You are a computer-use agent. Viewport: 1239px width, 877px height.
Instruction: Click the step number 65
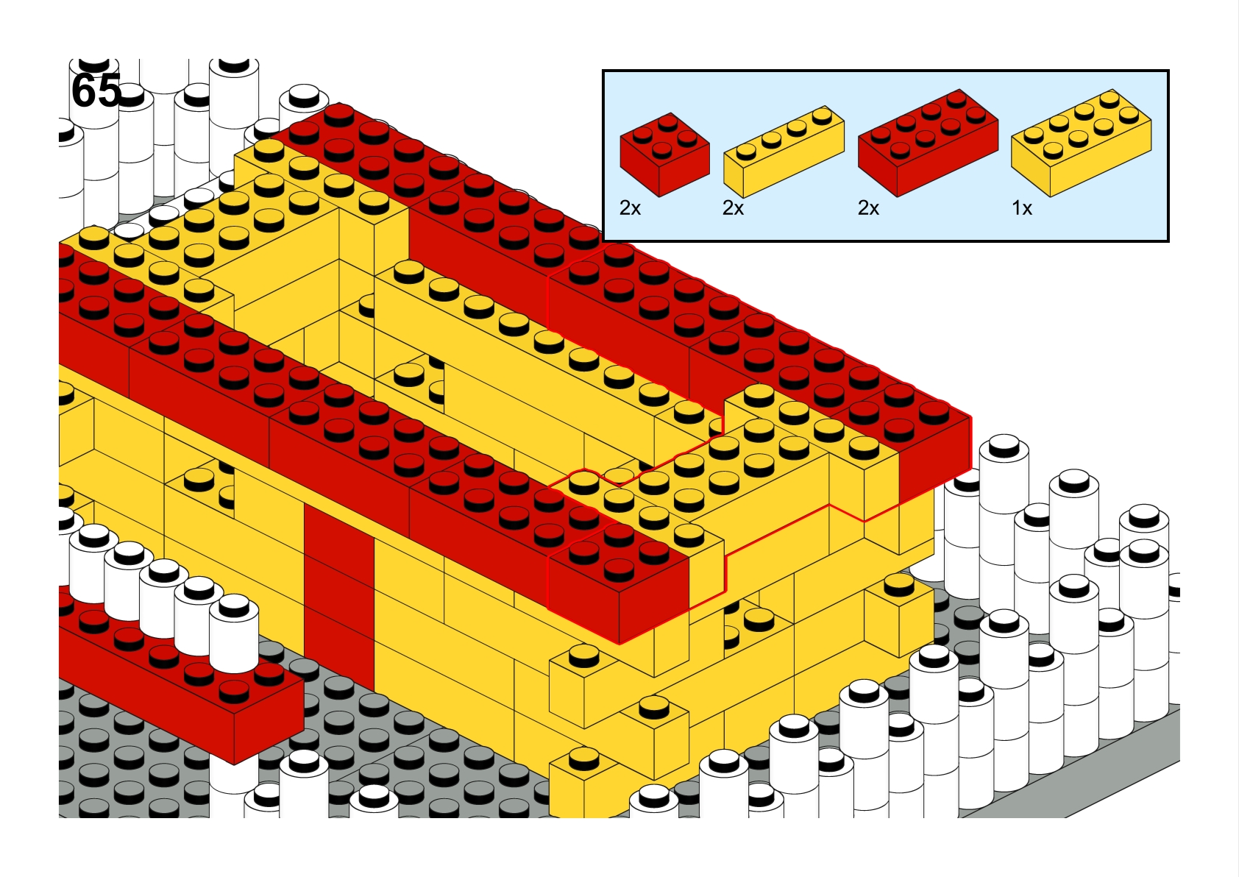pyautogui.click(x=96, y=90)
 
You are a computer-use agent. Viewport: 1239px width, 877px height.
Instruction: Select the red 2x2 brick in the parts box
pyautogui.click(x=664, y=155)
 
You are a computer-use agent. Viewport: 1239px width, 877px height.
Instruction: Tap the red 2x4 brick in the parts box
pyautogui.click(x=928, y=143)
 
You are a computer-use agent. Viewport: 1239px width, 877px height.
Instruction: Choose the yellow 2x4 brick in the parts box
pyautogui.click(x=1081, y=143)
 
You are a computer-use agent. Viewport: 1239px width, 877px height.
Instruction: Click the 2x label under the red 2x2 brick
pyautogui.click(x=630, y=208)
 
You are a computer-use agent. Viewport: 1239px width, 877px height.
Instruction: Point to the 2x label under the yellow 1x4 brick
pyautogui.click(x=733, y=208)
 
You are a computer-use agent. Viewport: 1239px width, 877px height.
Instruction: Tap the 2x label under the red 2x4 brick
pyautogui.click(x=868, y=208)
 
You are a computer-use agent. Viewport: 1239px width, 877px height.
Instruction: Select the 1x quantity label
pyautogui.click(x=1022, y=208)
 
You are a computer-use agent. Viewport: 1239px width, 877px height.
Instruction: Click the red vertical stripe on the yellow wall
pyautogui.click(x=339, y=597)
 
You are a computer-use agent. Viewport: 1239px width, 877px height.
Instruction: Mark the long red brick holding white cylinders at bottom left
pyautogui.click(x=177, y=680)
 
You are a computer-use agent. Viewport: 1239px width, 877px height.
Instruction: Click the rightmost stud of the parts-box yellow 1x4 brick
pyautogui.click(x=823, y=116)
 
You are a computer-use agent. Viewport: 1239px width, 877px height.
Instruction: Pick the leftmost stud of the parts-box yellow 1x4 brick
pyautogui.click(x=747, y=151)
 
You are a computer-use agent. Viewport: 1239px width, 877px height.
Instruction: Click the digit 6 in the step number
pyautogui.click(x=84, y=90)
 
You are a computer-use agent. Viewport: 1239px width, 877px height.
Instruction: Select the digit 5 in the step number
pyautogui.click(x=110, y=90)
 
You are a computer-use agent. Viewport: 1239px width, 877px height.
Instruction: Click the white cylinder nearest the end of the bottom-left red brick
pyautogui.click(x=234, y=633)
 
